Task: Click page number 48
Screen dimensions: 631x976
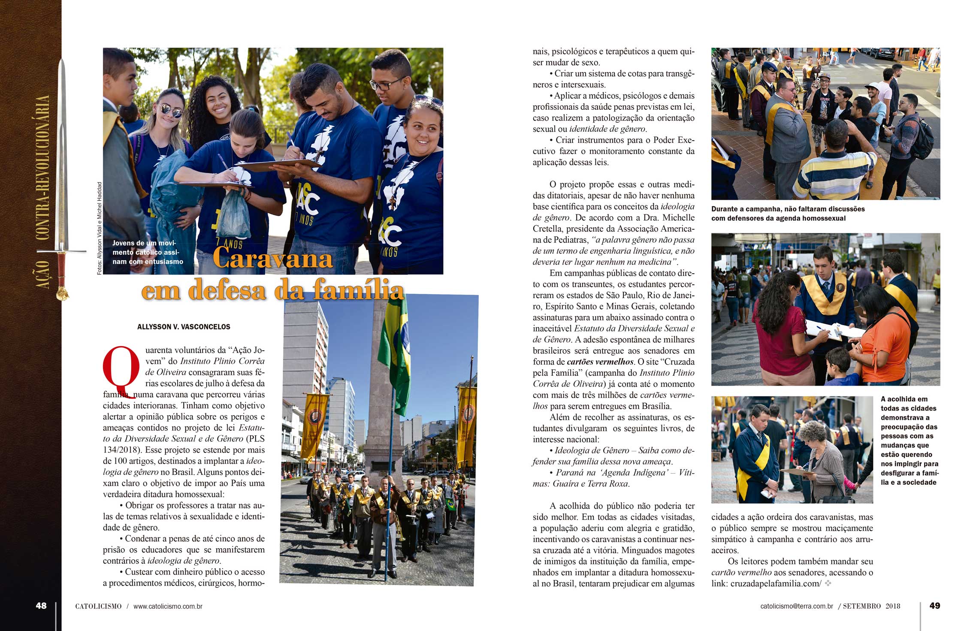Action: tap(41, 605)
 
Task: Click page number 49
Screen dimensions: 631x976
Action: tap(934, 605)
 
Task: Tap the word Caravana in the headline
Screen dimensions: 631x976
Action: tap(273, 258)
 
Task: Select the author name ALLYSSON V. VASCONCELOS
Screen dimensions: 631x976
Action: tap(184, 327)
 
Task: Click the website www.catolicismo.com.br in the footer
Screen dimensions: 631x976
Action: tap(168, 606)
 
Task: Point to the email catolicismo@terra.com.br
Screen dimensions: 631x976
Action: tap(797, 606)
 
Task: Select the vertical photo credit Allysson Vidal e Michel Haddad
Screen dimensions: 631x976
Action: tap(100, 228)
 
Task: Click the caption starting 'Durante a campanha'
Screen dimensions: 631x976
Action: tap(788, 214)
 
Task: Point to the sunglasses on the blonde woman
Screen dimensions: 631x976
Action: tap(170, 111)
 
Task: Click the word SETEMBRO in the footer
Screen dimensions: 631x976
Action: tap(862, 606)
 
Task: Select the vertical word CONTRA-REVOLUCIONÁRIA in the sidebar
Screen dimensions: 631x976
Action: tap(42, 168)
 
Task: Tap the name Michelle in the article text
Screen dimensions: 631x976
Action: tap(678, 217)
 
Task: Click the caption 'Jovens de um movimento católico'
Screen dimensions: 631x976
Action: tap(148, 252)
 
